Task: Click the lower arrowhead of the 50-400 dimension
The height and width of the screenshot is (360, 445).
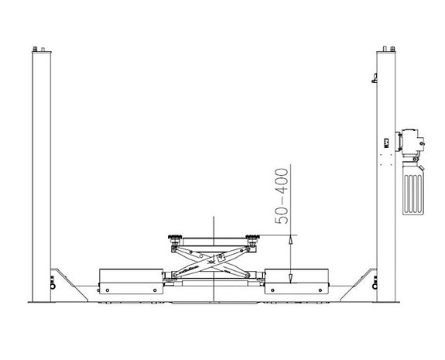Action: point(289,276)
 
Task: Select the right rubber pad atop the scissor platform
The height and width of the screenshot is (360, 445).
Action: point(251,238)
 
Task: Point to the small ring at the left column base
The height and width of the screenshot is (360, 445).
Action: point(53,289)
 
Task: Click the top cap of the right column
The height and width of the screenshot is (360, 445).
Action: point(385,49)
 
